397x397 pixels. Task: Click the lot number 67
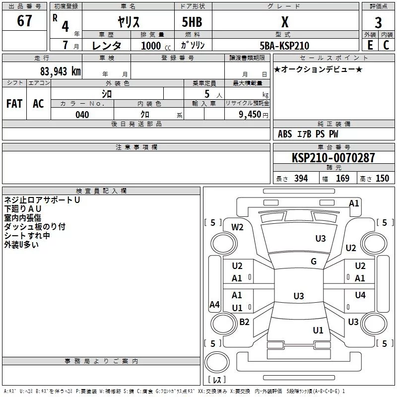(24, 20)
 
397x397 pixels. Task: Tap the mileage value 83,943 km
(61, 71)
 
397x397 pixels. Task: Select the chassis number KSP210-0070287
(333, 158)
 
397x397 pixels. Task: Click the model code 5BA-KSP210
(284, 46)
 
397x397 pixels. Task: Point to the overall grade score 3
(378, 23)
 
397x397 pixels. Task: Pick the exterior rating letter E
(370, 45)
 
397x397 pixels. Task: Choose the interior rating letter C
(387, 45)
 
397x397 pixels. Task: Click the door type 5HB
(192, 22)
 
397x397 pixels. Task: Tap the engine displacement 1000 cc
(156, 46)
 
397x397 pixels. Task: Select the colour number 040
(82, 115)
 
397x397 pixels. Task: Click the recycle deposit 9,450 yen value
(254, 115)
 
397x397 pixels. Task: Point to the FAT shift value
(14, 104)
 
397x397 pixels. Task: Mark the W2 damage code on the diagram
(237, 227)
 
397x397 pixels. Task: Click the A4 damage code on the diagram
(214, 304)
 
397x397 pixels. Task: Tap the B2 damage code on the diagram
(244, 322)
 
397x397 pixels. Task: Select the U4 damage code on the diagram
(360, 295)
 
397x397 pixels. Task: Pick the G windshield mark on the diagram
(314, 262)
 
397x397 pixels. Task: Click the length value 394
(301, 179)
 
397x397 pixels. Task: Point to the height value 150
(382, 179)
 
